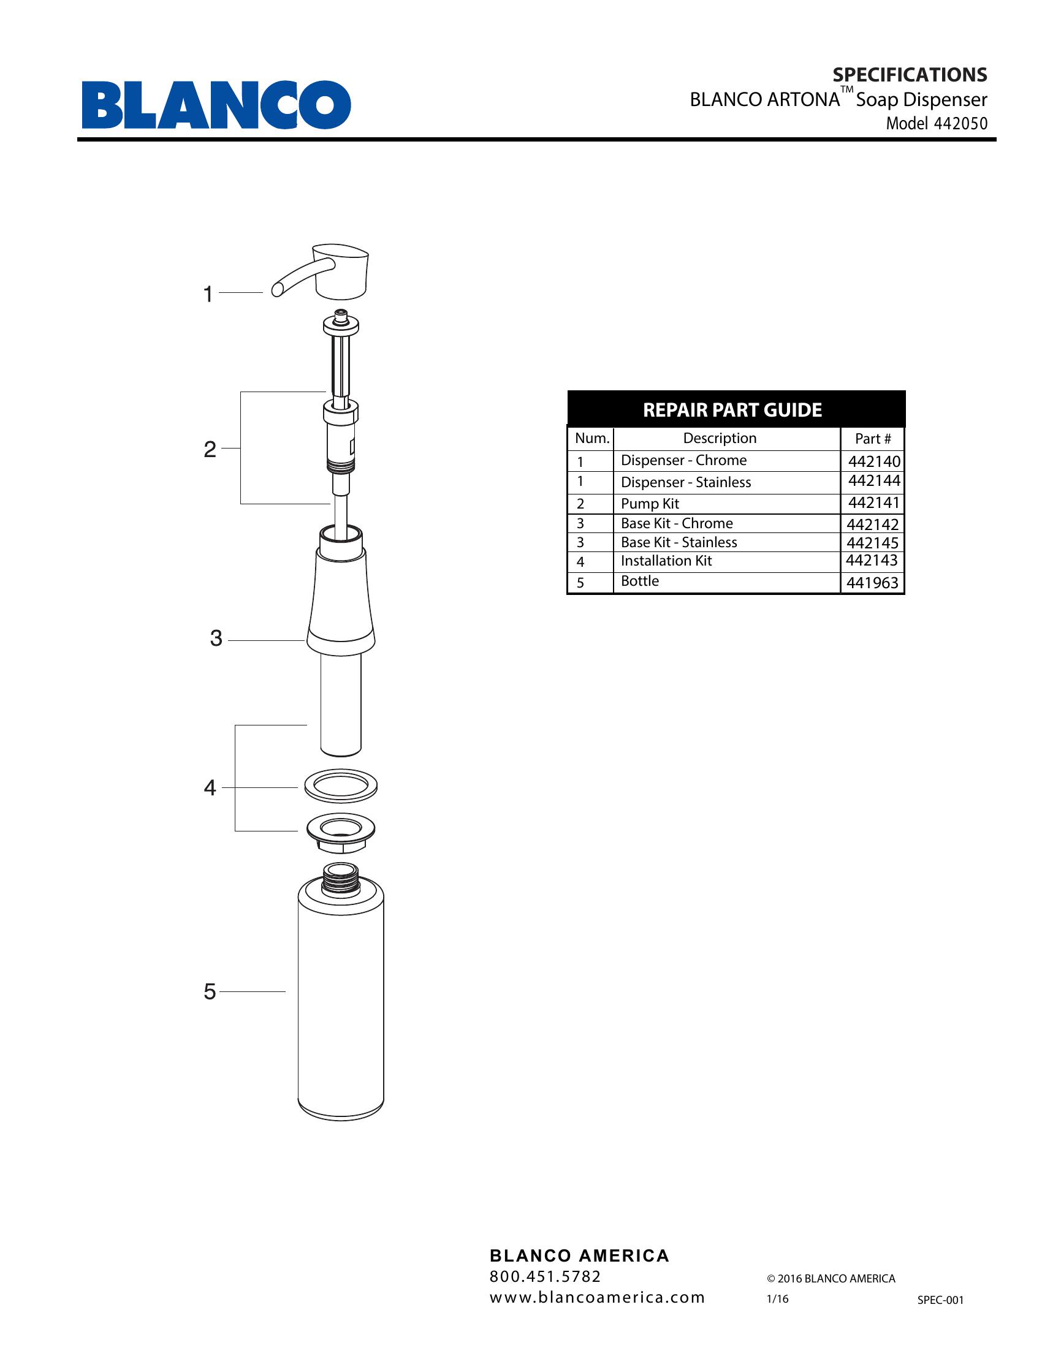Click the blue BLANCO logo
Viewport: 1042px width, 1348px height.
216,104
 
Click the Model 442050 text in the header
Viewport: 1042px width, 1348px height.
937,123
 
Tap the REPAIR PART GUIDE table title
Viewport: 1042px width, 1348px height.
732,410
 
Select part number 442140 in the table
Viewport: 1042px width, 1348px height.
874,461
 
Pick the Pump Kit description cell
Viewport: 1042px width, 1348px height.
649,504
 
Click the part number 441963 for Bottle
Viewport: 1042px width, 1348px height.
872,583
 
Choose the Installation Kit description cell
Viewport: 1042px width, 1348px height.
666,561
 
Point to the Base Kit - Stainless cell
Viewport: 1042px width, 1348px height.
679,542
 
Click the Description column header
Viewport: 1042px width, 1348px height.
720,438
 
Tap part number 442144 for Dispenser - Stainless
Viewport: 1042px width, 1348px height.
874,481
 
